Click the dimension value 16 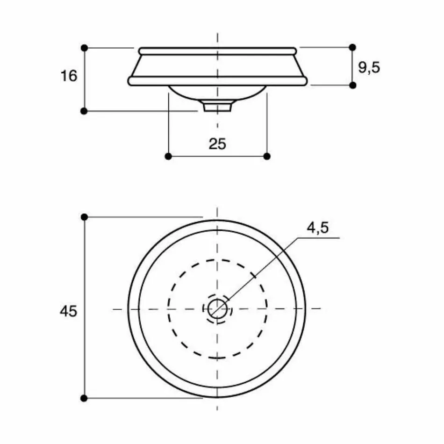pos(69,75)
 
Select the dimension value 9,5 pos(369,67)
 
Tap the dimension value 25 pos(217,143)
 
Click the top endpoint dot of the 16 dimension pos(84,48)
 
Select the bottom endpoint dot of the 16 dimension pos(84,111)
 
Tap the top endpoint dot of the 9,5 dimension pos(353,47)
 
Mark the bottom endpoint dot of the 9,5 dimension pos(353,85)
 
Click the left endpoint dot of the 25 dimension pos(168,156)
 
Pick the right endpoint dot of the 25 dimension pos(267,156)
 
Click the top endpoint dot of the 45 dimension pos(84,217)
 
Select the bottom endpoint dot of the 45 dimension pos(84,398)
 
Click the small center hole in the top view pos(217,308)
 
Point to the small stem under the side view pos(217,107)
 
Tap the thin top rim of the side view pos(217,50)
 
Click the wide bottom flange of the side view pos(217,81)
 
